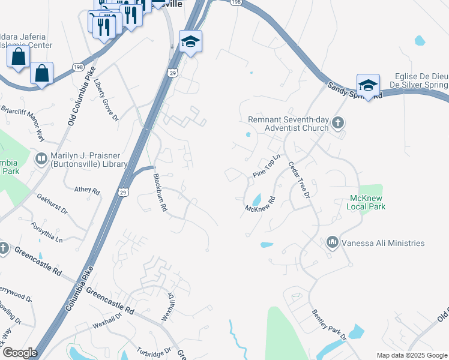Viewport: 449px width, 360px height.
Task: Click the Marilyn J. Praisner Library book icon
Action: (41, 158)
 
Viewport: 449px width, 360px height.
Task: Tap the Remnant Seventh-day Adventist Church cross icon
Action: (338, 123)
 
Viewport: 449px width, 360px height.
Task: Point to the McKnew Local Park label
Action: (366, 202)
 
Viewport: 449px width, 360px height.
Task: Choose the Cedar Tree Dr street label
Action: (298, 179)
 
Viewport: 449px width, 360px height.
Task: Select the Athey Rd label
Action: (87, 190)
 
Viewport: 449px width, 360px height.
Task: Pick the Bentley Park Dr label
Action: (328, 325)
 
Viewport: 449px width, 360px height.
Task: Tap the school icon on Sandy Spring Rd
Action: (368, 84)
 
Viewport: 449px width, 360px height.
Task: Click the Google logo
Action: (20, 353)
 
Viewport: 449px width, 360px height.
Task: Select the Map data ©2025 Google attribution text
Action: (411, 355)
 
